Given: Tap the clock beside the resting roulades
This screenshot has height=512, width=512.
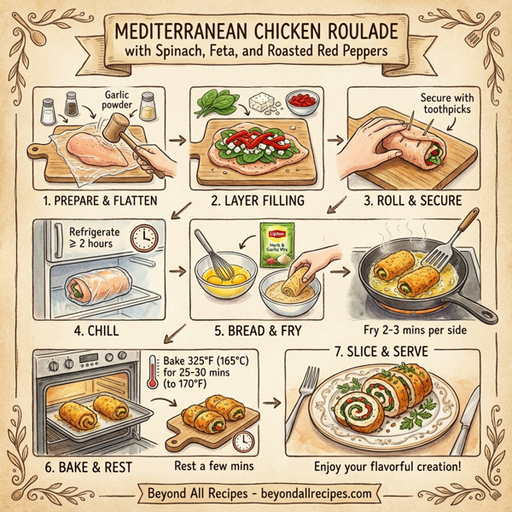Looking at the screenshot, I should point(245,442).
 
